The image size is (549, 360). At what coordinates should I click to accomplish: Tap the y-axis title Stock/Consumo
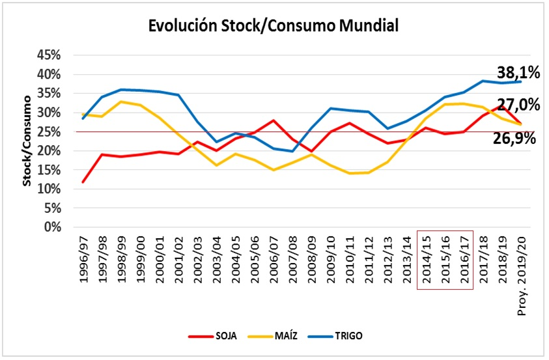click(x=27, y=141)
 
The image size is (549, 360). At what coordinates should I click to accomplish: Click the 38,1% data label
click(x=518, y=72)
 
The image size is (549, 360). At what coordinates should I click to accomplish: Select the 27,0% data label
click(x=518, y=105)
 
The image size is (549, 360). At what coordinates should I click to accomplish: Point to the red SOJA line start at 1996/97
click(x=83, y=182)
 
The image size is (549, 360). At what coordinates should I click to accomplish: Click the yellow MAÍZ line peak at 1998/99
click(x=120, y=102)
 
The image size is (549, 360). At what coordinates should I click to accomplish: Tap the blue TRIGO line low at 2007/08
click(x=292, y=151)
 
